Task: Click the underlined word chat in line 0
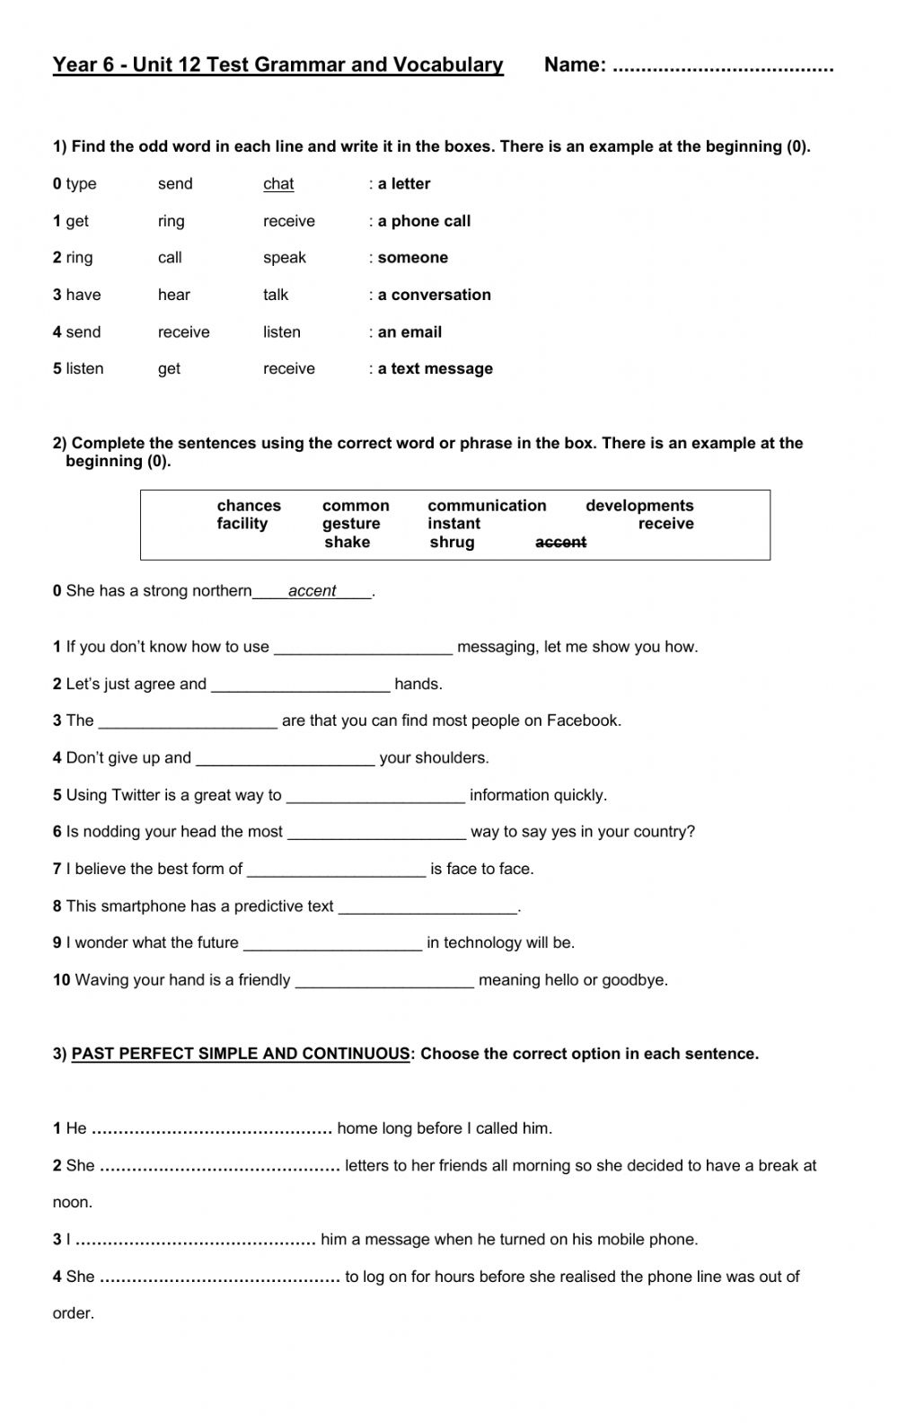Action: [278, 184]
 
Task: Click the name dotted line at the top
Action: [722, 67]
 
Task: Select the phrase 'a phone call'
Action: [424, 221]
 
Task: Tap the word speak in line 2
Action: [284, 258]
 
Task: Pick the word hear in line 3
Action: [174, 295]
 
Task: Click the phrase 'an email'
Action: [409, 332]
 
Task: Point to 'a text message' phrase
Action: [435, 369]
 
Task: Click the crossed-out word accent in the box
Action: [560, 543]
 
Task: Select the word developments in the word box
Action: [639, 506]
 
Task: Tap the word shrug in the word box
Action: [452, 543]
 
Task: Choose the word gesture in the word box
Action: [351, 524]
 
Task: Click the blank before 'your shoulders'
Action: [285, 759]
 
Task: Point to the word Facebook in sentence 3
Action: [582, 720]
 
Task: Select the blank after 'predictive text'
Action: [427, 907]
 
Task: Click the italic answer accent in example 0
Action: [312, 591]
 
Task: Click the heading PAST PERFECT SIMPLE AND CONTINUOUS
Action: [241, 1054]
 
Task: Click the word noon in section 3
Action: [73, 1203]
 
